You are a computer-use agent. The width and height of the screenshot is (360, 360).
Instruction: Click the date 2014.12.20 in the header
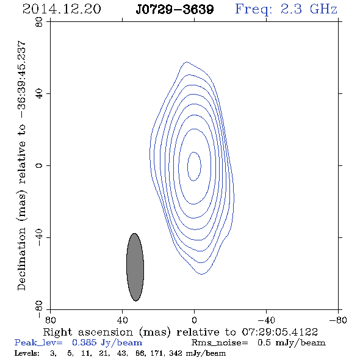click(62, 9)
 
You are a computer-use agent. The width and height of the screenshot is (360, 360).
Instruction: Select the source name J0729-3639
click(175, 10)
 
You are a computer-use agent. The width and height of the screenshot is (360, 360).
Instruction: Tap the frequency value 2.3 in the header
click(291, 9)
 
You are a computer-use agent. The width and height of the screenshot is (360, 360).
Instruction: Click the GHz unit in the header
click(323, 9)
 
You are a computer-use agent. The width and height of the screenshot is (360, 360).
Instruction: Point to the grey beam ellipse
click(135, 267)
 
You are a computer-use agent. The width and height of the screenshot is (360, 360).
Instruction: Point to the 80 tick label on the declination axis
click(39, 22)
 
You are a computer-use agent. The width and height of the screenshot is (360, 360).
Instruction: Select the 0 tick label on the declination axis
click(39, 165)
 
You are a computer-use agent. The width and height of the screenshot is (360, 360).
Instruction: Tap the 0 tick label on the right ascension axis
click(194, 320)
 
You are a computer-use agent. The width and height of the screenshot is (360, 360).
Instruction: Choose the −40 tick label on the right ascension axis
click(266, 320)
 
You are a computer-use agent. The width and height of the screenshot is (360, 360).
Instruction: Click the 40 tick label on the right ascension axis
click(122, 320)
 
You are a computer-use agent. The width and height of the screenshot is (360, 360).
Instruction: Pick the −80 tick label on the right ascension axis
click(338, 320)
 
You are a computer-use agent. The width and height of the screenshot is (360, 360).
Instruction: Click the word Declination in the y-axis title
click(21, 259)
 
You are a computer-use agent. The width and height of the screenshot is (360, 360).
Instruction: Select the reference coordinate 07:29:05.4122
click(280, 332)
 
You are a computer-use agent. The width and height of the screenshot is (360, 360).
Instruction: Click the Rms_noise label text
click(220, 343)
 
